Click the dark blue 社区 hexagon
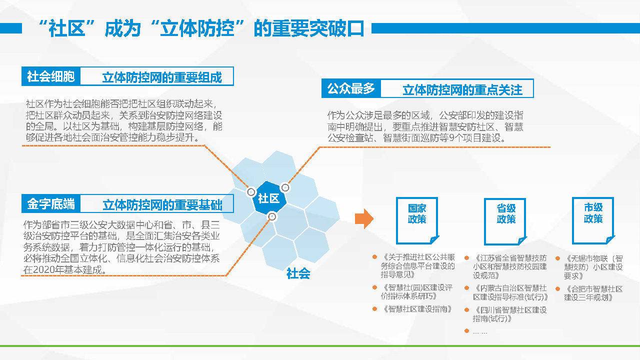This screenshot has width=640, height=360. (269, 197)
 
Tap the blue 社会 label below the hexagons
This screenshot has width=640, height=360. (298, 273)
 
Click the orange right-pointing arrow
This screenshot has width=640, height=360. (364, 218)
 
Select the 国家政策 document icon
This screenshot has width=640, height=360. (417, 220)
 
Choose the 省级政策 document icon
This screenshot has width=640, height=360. (505, 221)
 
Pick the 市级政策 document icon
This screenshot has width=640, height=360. (593, 220)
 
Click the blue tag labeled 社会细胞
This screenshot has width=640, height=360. (51, 76)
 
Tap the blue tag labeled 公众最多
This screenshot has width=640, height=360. (351, 88)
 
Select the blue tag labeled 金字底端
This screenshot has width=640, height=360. (51, 203)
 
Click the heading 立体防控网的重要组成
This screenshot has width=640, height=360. (162, 77)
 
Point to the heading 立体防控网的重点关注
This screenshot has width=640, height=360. (462, 90)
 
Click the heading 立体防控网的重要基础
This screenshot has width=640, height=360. (162, 205)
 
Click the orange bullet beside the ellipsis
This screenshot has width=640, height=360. (467, 331)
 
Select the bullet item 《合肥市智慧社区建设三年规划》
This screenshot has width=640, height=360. (593, 293)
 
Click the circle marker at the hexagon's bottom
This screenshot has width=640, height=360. (272, 216)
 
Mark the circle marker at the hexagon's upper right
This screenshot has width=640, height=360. (285, 187)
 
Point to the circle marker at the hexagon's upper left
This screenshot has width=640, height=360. (251, 191)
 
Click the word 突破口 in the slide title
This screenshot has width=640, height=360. (336, 28)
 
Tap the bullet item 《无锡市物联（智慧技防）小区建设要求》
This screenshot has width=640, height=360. (593, 267)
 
